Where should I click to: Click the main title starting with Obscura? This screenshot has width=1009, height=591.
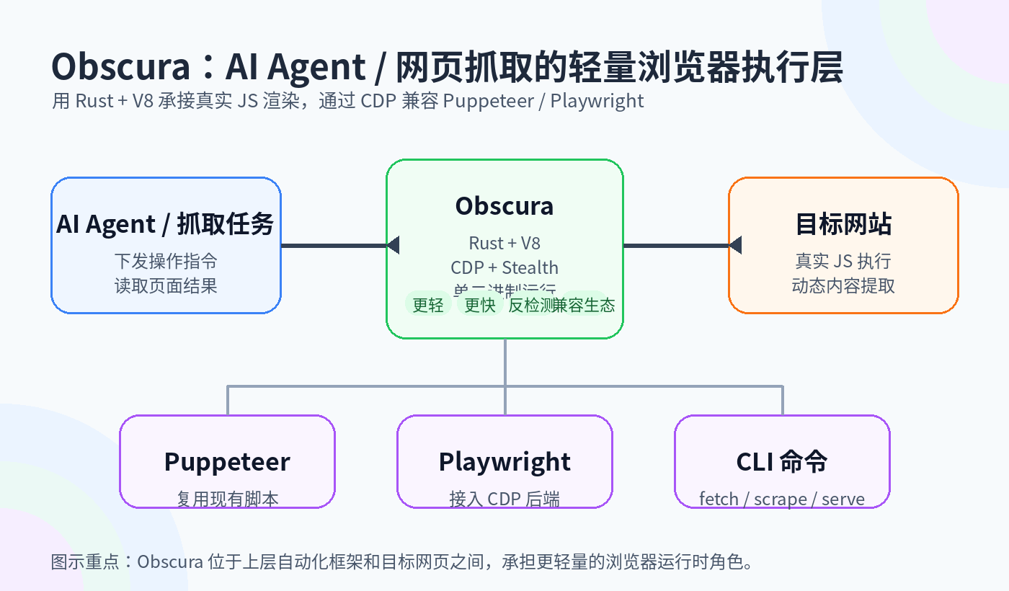pos(447,68)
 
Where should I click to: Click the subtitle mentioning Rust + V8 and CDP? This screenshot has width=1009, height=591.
pos(347,101)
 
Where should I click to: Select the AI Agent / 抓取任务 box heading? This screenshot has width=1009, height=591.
pos(165,224)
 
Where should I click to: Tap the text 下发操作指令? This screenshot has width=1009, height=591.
pos(165,261)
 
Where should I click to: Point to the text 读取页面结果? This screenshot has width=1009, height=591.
pos(165,285)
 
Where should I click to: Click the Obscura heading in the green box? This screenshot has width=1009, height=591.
pos(504,206)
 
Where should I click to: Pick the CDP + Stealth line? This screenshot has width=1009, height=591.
pos(504,268)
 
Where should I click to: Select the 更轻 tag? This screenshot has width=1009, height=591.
pos(428,305)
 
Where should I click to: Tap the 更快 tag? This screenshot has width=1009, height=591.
pos(479,305)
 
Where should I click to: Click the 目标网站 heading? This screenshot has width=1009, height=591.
pos(843,224)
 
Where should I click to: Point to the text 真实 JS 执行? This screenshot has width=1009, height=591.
pos(843,261)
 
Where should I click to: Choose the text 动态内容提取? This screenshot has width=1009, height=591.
pos(843,285)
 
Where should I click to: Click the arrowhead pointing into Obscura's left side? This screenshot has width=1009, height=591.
pos(393,245)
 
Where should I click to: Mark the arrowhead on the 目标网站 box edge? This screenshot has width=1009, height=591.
pos(734,245)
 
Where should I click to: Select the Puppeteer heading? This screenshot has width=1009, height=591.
pos(227,461)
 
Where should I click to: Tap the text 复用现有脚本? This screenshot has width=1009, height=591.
pos(227,499)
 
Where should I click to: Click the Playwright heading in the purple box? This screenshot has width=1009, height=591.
pos(504,461)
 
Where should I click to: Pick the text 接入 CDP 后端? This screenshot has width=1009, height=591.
pos(504,499)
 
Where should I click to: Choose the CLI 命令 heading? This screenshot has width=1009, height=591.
pos(782,461)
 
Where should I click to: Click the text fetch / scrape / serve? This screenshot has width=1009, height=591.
pos(782,499)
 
